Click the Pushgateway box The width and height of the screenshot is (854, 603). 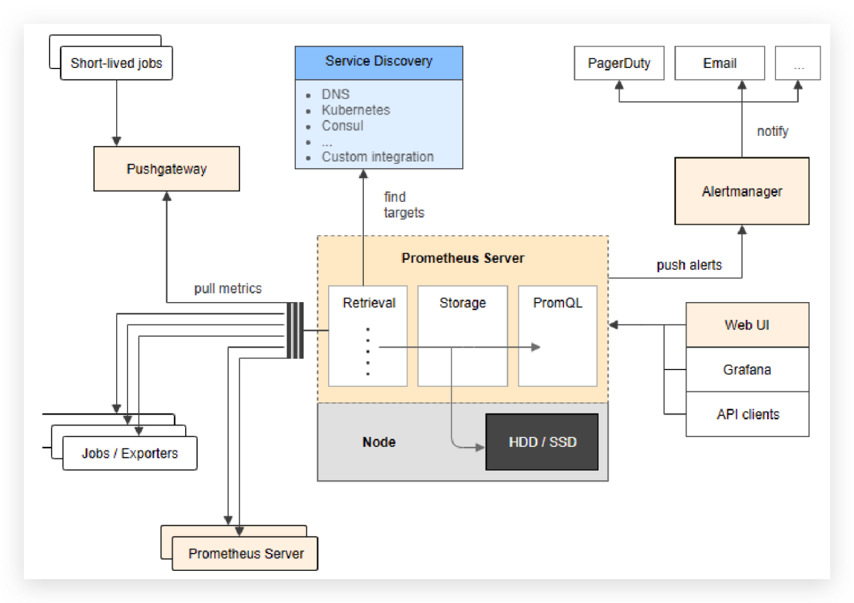(x=167, y=169)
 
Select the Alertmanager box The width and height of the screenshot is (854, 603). (x=741, y=191)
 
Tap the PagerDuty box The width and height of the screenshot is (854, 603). (x=619, y=63)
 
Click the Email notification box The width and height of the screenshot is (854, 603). (x=719, y=63)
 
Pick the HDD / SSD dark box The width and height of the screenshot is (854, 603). (x=542, y=442)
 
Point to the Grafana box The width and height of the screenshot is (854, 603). (x=747, y=369)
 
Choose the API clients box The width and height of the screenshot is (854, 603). (x=747, y=414)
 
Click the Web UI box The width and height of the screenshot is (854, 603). (x=747, y=325)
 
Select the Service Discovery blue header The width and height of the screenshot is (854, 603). (x=379, y=62)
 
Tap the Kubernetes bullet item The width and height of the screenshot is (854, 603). (x=356, y=110)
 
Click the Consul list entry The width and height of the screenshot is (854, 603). (x=342, y=126)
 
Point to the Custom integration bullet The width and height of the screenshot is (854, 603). (x=378, y=157)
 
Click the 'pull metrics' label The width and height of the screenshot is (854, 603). (x=227, y=288)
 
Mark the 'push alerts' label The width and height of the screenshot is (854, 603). (x=689, y=265)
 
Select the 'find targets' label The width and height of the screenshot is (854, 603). (x=403, y=204)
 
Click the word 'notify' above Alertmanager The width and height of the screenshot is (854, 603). (x=772, y=131)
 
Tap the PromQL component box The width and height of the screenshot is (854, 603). (x=557, y=336)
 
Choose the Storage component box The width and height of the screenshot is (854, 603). (x=463, y=336)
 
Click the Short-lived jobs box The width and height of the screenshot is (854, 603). (x=116, y=63)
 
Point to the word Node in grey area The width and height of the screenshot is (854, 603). (x=379, y=442)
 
